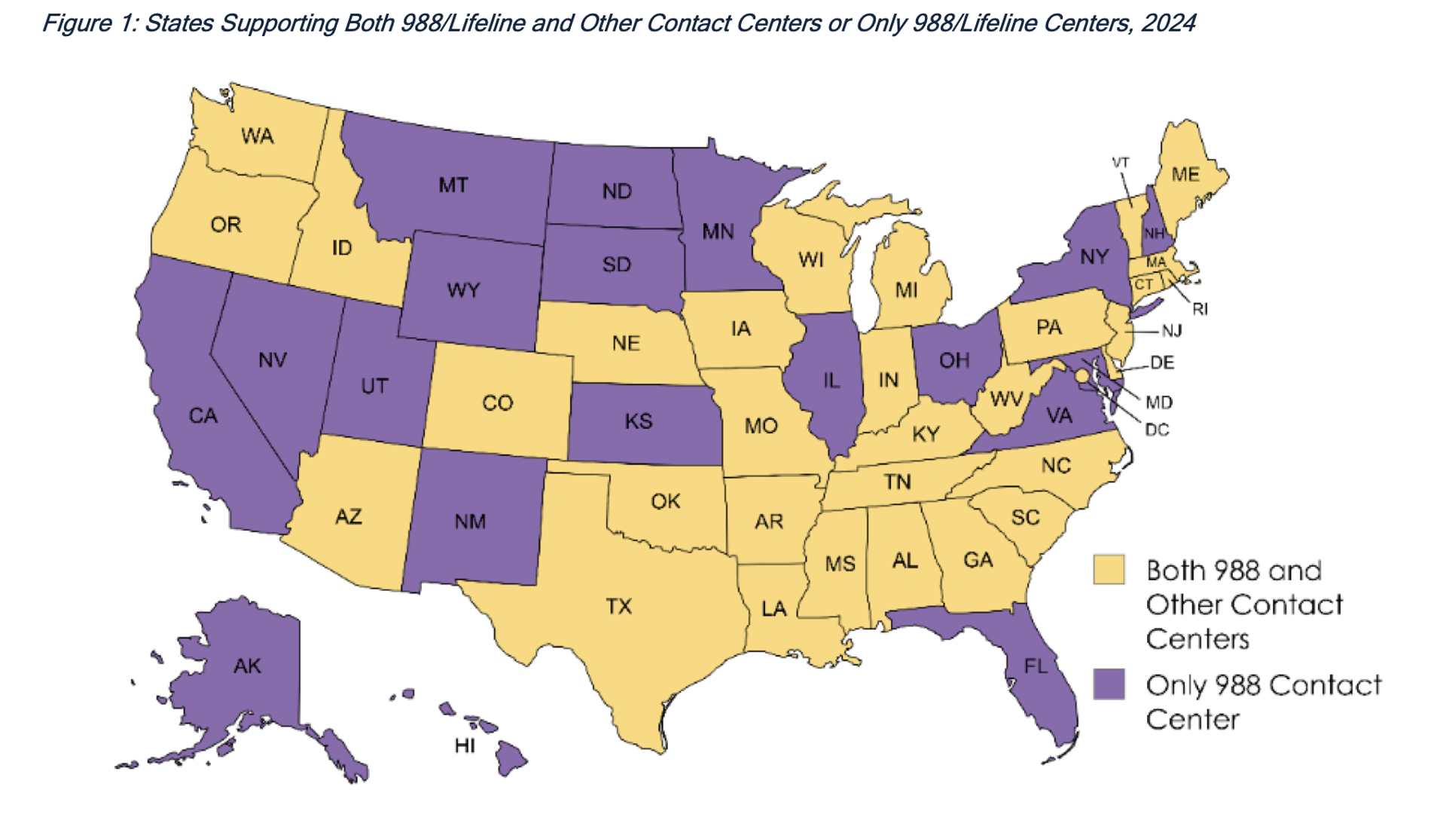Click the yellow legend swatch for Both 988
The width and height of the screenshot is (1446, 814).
pyautogui.click(x=1109, y=570)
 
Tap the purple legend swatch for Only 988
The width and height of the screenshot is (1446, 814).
pyautogui.click(x=1109, y=684)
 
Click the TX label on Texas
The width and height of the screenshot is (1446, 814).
pyautogui.click(x=619, y=607)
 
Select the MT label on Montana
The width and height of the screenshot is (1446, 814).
pyautogui.click(x=453, y=185)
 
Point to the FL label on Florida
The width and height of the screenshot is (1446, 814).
pyautogui.click(x=1036, y=666)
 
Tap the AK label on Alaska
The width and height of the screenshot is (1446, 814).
pyautogui.click(x=248, y=666)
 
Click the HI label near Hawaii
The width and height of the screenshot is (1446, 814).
pyautogui.click(x=465, y=746)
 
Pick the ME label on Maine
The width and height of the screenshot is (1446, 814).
pyautogui.click(x=1185, y=175)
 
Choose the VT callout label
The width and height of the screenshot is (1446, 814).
pyautogui.click(x=1121, y=163)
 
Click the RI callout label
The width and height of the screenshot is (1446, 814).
pyautogui.click(x=1200, y=309)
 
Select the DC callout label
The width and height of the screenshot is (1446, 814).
pyautogui.click(x=1157, y=430)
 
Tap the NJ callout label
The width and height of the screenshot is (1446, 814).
pyautogui.click(x=1172, y=331)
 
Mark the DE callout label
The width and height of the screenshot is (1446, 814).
pyautogui.click(x=1162, y=363)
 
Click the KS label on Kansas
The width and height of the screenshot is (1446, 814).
pyautogui.click(x=639, y=421)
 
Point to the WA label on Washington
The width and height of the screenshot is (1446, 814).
pyautogui.click(x=258, y=136)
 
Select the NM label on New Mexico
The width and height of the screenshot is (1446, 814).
pyautogui.click(x=470, y=522)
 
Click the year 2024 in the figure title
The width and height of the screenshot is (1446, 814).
pyautogui.click(x=1168, y=23)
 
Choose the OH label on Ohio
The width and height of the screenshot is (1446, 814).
pyautogui.click(x=954, y=361)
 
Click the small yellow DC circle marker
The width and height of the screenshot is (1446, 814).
pyautogui.click(x=1081, y=375)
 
